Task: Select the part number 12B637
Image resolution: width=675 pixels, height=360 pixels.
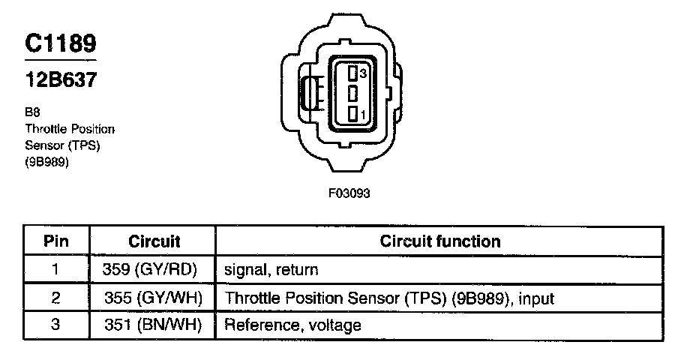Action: point(60,79)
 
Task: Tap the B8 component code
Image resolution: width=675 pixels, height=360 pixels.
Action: point(31,112)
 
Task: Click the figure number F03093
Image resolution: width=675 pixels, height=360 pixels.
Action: point(349,193)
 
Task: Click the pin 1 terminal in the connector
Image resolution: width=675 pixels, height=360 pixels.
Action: point(352,115)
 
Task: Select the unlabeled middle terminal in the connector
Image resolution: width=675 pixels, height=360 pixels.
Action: point(352,94)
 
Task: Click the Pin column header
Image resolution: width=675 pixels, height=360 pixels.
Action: point(56,241)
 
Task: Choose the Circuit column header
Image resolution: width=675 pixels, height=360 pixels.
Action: point(154,241)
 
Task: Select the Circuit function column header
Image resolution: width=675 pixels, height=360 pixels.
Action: point(440,241)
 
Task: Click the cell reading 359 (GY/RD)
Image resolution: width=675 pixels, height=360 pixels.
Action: point(154,270)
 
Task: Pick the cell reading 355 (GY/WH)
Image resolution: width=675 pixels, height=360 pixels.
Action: point(154,298)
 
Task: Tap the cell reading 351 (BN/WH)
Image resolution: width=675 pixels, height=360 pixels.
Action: point(154,325)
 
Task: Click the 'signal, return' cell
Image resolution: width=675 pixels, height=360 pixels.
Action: point(271,270)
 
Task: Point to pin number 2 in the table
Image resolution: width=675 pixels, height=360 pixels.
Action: point(56,298)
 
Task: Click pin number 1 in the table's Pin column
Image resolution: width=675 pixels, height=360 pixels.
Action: point(56,270)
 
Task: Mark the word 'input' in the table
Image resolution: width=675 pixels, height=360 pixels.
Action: point(535,298)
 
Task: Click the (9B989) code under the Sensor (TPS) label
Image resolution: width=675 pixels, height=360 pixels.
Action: point(47,160)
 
